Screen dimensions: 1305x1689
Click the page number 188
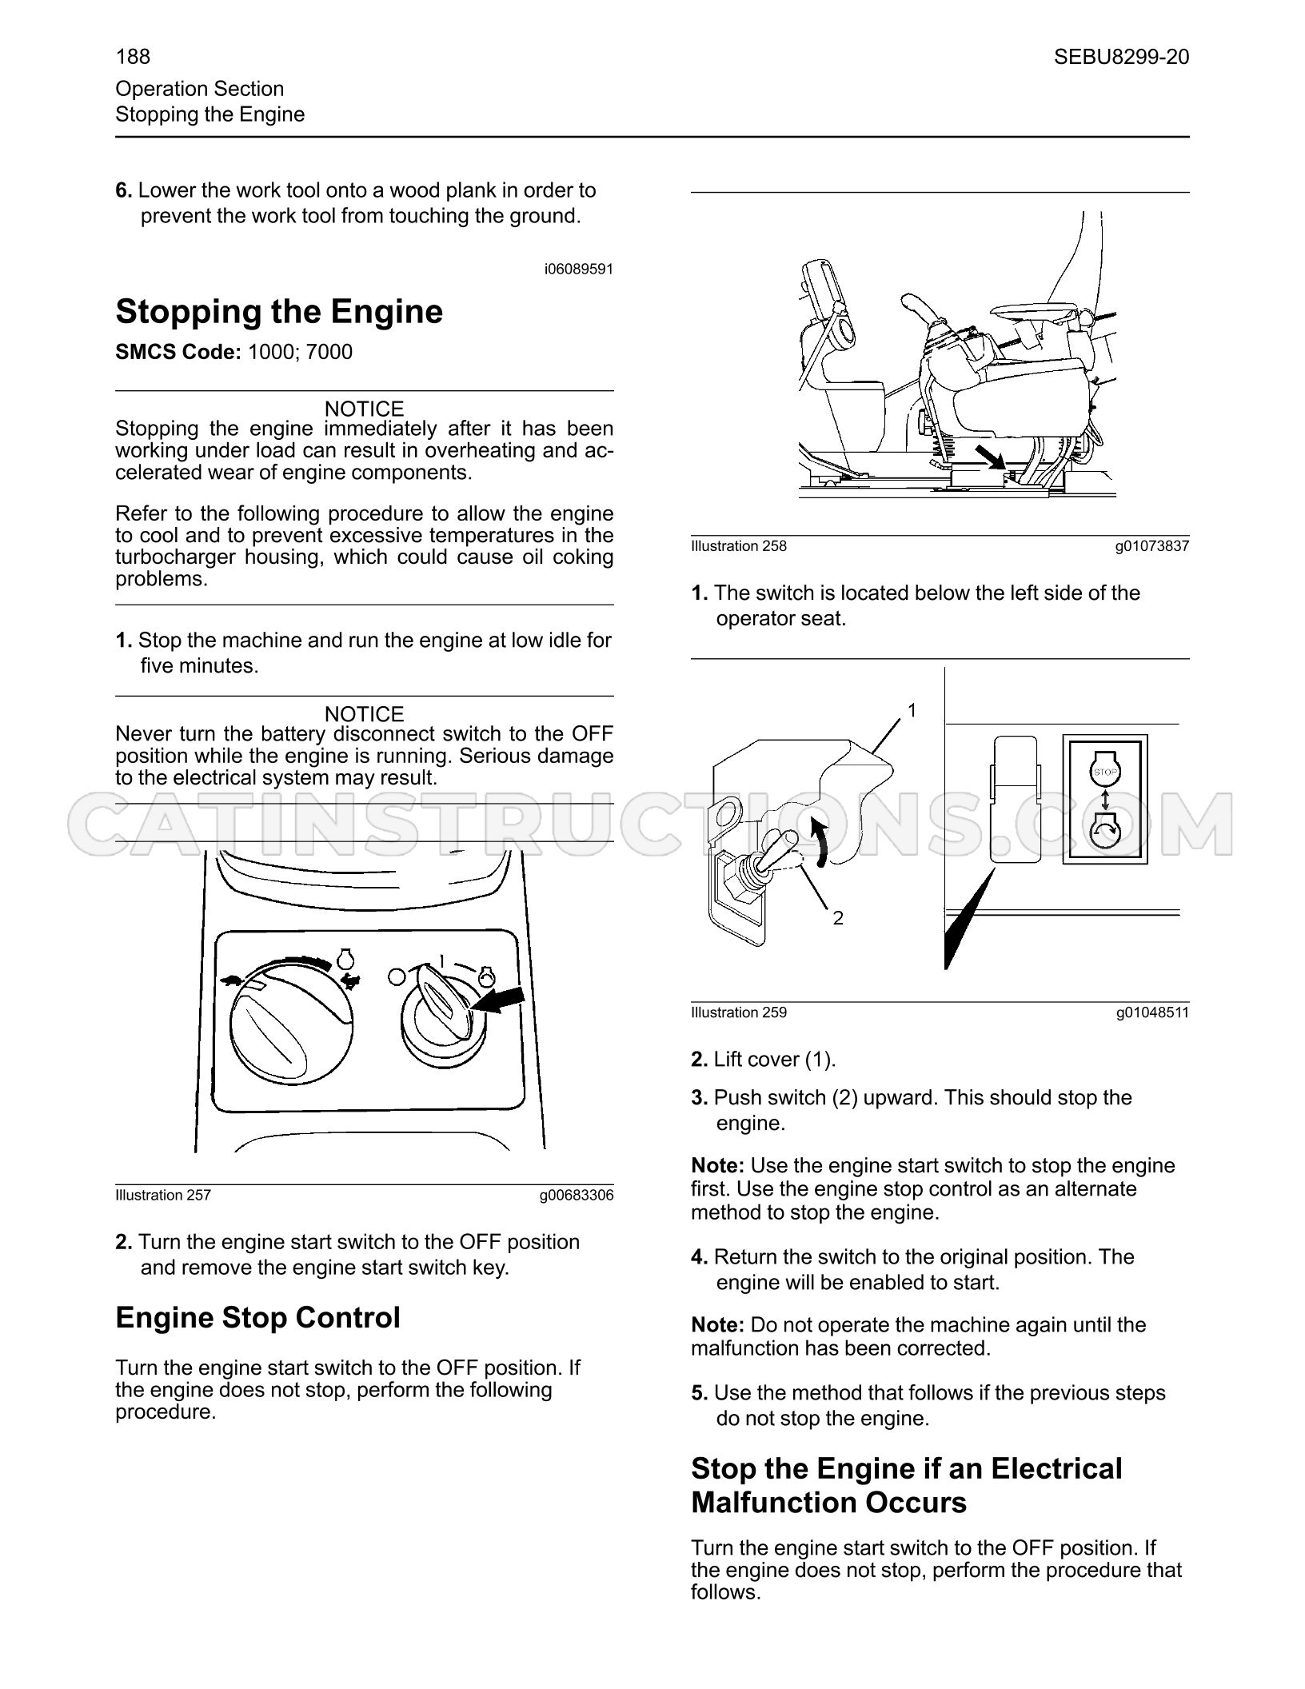[133, 57]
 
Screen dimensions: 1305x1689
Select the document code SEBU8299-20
[1121, 57]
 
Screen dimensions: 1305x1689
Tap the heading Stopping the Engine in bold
[279, 312]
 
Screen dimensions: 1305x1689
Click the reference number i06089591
[579, 270]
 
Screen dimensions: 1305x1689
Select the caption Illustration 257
[163, 1196]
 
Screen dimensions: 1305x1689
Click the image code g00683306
[577, 1196]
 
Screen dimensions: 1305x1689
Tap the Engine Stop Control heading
[257, 1317]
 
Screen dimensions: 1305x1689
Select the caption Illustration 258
[739, 546]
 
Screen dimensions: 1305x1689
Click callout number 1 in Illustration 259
[912, 710]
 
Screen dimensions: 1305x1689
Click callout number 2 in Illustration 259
[838, 918]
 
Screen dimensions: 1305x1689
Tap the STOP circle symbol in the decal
[1104, 772]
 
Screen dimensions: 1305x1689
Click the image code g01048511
[1153, 1012]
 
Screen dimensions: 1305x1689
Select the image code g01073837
[1153, 546]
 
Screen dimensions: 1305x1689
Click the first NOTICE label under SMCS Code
[365, 409]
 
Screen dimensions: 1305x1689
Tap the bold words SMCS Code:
[178, 353]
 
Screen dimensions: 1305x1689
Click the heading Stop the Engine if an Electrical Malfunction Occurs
[907, 1485]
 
